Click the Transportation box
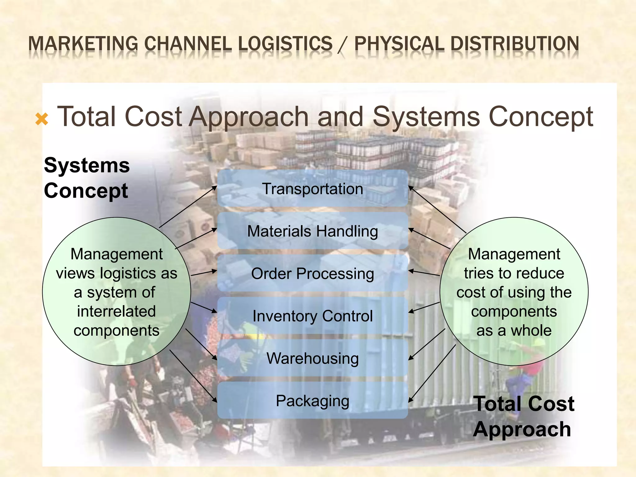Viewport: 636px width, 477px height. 312,189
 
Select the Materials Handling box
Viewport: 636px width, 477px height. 312,231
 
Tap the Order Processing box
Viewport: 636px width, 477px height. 312,274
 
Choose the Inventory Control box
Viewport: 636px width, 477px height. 312,316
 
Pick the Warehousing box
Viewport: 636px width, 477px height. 312,358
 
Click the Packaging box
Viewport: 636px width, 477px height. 312,401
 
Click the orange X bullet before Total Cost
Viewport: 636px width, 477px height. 42,119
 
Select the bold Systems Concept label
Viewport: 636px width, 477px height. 87,178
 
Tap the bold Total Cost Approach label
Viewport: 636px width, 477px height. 523,416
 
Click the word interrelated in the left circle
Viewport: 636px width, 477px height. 116,311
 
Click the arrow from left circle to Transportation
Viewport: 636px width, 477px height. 188,207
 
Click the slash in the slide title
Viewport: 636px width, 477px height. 343,44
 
